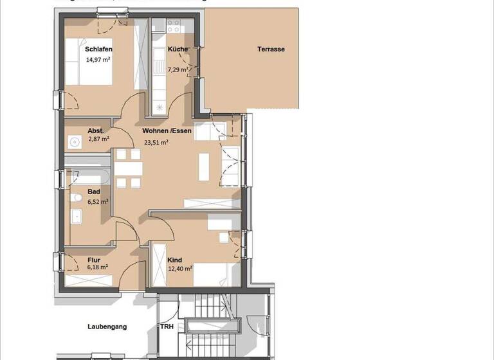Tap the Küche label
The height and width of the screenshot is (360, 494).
178,49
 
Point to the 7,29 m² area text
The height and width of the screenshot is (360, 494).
178,69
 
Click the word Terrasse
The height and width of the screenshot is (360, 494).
271,49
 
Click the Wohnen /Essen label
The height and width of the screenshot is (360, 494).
167,130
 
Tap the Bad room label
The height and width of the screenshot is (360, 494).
94,192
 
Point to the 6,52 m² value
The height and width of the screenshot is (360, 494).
98,201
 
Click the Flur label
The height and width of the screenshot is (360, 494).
93,260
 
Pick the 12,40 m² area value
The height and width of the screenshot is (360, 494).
180,269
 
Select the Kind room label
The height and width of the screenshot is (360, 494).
174,260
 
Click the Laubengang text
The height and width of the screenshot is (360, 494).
107,327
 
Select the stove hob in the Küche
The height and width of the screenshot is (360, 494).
174,26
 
